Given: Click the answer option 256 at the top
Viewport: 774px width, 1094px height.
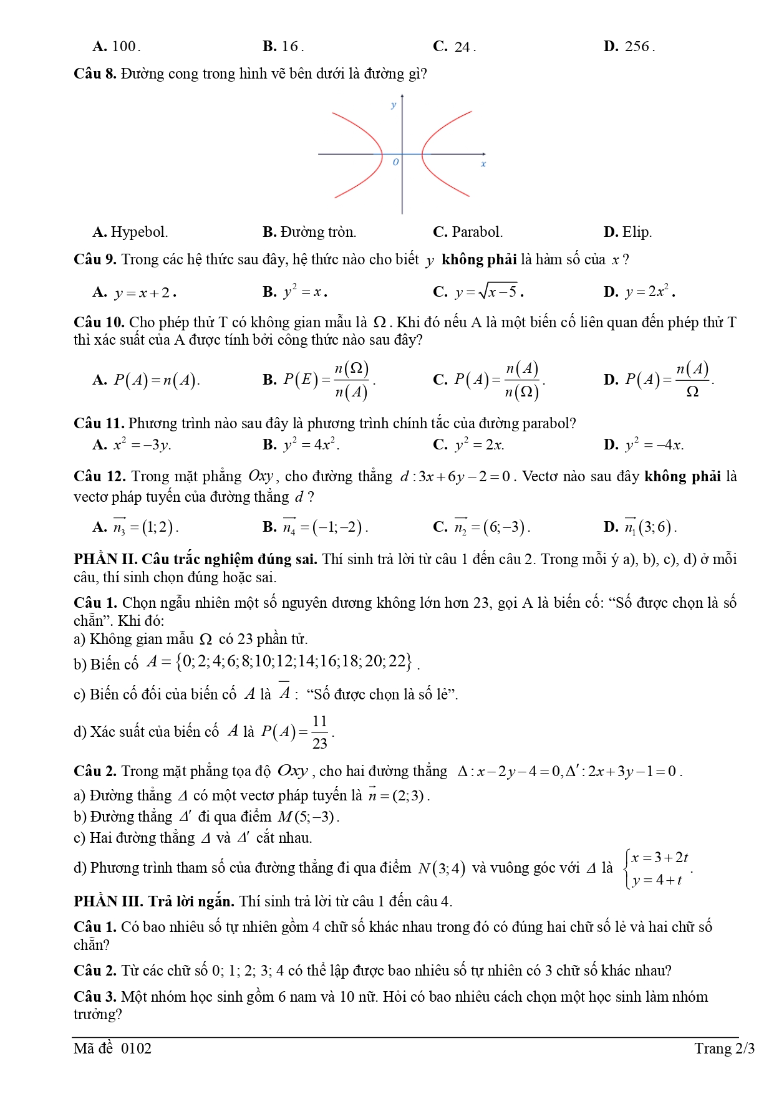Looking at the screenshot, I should click(636, 47).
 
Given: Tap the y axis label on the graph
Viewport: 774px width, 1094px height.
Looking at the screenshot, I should click(393, 105).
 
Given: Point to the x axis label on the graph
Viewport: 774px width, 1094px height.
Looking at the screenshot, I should click(483, 164).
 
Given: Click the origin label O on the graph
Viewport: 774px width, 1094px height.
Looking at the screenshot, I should click(395, 162).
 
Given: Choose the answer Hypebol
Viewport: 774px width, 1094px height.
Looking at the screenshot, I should click(138, 233).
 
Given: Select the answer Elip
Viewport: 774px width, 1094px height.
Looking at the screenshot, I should click(636, 233).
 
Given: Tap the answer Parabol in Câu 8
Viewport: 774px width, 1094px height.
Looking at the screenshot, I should click(476, 233).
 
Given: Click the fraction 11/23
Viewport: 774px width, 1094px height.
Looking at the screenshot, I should click(319, 732).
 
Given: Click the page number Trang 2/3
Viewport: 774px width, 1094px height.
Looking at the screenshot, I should click(724, 1048).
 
